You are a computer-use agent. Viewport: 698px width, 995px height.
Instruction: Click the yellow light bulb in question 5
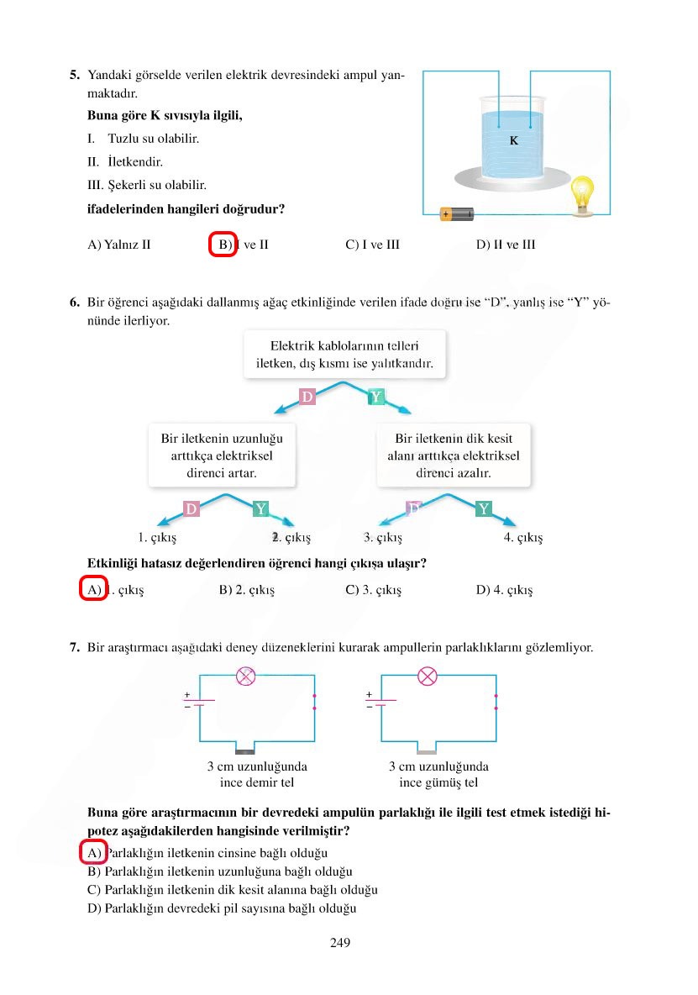pyautogui.click(x=580, y=194)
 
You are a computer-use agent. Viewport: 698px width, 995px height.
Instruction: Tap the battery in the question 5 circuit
pyautogui.click(x=457, y=214)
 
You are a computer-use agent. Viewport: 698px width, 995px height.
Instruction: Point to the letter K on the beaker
pyautogui.click(x=514, y=141)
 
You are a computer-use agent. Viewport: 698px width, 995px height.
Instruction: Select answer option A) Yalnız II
pyautogui.click(x=119, y=245)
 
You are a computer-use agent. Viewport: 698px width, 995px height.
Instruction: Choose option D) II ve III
pyautogui.click(x=505, y=245)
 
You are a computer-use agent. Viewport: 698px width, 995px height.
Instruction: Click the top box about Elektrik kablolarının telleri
pyautogui.click(x=344, y=355)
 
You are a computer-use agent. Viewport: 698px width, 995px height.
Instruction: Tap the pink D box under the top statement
pyautogui.click(x=307, y=397)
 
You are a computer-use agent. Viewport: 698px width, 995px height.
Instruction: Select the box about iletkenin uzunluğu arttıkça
pyautogui.click(x=222, y=455)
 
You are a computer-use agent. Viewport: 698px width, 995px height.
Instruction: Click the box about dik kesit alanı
pyautogui.click(x=454, y=455)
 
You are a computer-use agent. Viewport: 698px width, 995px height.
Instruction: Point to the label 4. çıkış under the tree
pyautogui.click(x=523, y=537)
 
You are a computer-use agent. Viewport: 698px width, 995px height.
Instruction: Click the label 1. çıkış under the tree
pyautogui.click(x=157, y=537)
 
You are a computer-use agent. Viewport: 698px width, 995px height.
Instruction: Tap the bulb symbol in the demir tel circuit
pyautogui.click(x=246, y=676)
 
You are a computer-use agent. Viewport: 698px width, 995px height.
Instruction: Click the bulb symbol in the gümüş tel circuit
pyautogui.click(x=428, y=676)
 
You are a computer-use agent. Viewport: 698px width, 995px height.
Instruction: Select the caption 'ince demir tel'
pyautogui.click(x=257, y=782)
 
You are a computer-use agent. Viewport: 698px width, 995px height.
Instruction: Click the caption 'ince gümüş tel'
pyautogui.click(x=438, y=782)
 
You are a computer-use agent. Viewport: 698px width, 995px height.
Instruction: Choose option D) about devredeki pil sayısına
pyautogui.click(x=223, y=908)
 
